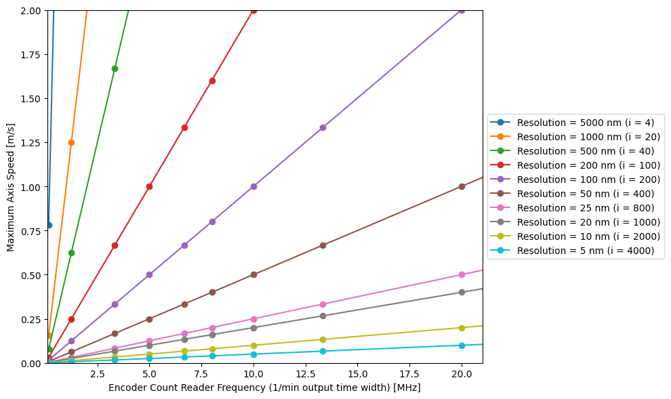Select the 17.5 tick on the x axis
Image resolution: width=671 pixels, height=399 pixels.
pos(410,364)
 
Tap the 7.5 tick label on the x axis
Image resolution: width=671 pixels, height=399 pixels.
pos(201,374)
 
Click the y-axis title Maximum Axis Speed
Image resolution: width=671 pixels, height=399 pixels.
pos(11,186)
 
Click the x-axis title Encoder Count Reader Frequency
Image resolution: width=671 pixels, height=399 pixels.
pos(264,387)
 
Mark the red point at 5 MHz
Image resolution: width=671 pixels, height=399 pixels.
pos(149,186)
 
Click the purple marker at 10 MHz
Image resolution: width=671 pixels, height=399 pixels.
pos(253,186)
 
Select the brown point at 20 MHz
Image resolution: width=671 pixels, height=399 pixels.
pos(462,186)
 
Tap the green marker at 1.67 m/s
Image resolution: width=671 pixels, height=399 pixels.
pos(115,68)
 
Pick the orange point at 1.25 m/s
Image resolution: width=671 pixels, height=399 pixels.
pos(71,142)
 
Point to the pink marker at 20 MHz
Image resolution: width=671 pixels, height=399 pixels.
pos(462,274)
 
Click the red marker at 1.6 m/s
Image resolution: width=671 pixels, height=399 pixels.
pos(212,81)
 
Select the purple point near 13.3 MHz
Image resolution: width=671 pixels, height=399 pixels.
pos(323,127)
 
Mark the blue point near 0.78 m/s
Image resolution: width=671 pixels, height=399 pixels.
pos(49,225)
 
